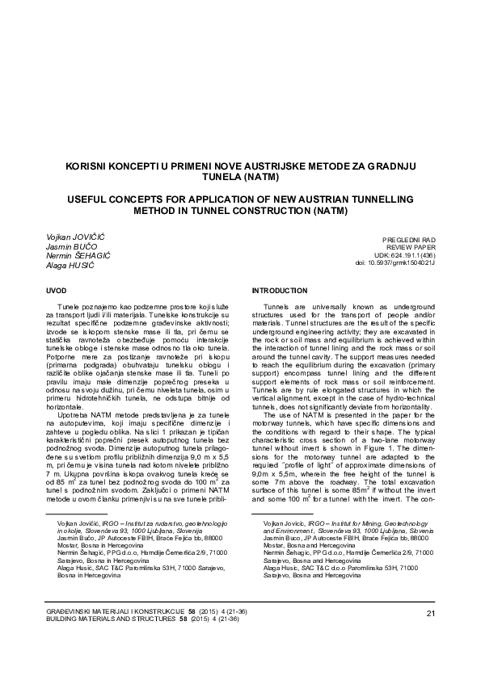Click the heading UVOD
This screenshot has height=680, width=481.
click(x=58, y=289)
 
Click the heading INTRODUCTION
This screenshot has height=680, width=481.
click(x=279, y=289)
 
